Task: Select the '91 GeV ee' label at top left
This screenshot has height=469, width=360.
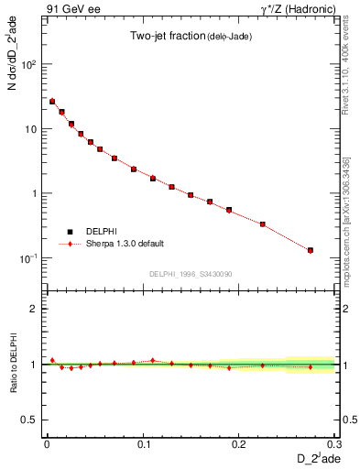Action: (72, 8)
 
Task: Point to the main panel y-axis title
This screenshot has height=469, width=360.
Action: (12, 67)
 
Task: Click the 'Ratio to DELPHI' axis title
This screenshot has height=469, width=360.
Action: (12, 364)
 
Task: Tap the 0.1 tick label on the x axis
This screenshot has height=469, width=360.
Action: (143, 443)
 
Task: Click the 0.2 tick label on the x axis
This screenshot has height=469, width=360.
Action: (239, 443)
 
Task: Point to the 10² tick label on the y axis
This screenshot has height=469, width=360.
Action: (29, 65)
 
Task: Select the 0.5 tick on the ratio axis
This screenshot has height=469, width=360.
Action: (30, 420)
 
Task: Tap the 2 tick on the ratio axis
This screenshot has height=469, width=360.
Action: (35, 309)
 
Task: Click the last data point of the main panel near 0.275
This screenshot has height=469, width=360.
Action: (311, 250)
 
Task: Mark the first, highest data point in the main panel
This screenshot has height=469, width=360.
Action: (52, 102)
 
